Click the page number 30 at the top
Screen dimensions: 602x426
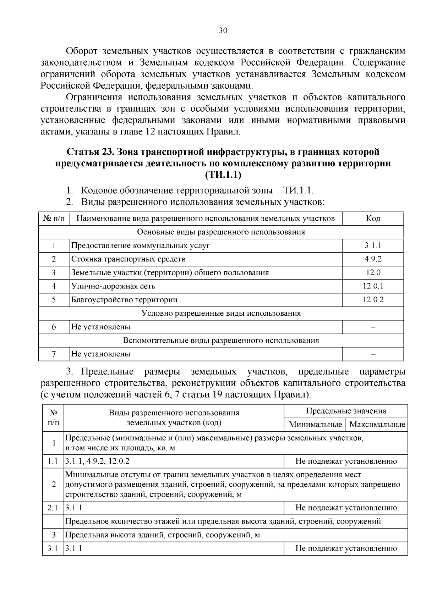tap(223, 31)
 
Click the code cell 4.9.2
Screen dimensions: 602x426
tap(373, 259)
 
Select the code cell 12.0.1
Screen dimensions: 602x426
tap(373, 286)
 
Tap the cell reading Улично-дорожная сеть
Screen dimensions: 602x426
tap(113, 286)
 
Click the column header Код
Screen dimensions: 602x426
tap(373, 218)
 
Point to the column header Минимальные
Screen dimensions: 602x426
tap(315, 424)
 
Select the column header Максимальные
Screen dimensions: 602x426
tap(377, 424)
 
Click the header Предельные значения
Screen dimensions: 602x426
tap(346, 411)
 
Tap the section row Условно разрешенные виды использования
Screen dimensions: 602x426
tap(221, 313)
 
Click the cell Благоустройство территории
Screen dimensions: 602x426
tap(124, 299)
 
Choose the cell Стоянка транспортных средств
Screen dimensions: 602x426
tap(128, 259)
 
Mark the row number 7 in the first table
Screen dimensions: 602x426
tap(54, 354)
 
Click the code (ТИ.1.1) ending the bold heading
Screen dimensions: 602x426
tap(223, 175)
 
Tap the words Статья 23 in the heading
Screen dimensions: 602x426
tap(89, 152)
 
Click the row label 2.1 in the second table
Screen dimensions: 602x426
tap(53, 508)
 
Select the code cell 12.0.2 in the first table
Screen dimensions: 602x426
tap(373, 299)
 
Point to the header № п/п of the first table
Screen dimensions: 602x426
tap(54, 218)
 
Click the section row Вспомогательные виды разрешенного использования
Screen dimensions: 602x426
tap(221, 340)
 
